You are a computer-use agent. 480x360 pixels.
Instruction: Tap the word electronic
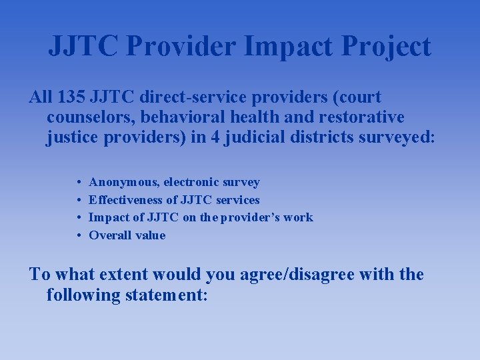point(192,182)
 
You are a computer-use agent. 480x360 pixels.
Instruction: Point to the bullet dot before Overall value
point(79,235)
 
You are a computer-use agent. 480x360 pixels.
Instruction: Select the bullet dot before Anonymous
point(79,182)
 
